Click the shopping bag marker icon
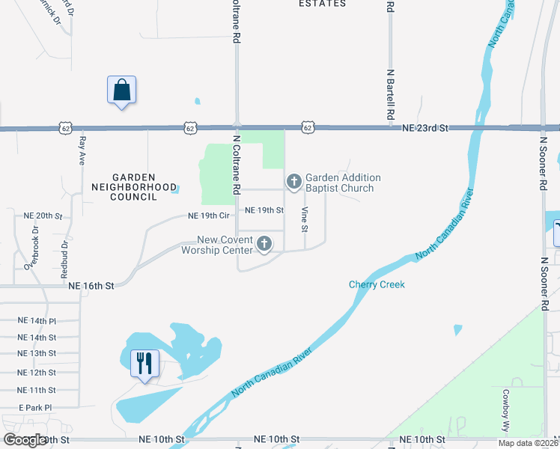point(121,91)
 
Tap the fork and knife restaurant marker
point(142,364)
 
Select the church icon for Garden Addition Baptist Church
point(293,181)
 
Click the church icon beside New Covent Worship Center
point(264,243)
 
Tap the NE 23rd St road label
point(424,129)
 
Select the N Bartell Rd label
point(390,95)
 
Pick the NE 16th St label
point(91,286)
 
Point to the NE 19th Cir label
point(208,216)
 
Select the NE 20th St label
point(42,216)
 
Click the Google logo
point(25,440)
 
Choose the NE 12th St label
point(37,372)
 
